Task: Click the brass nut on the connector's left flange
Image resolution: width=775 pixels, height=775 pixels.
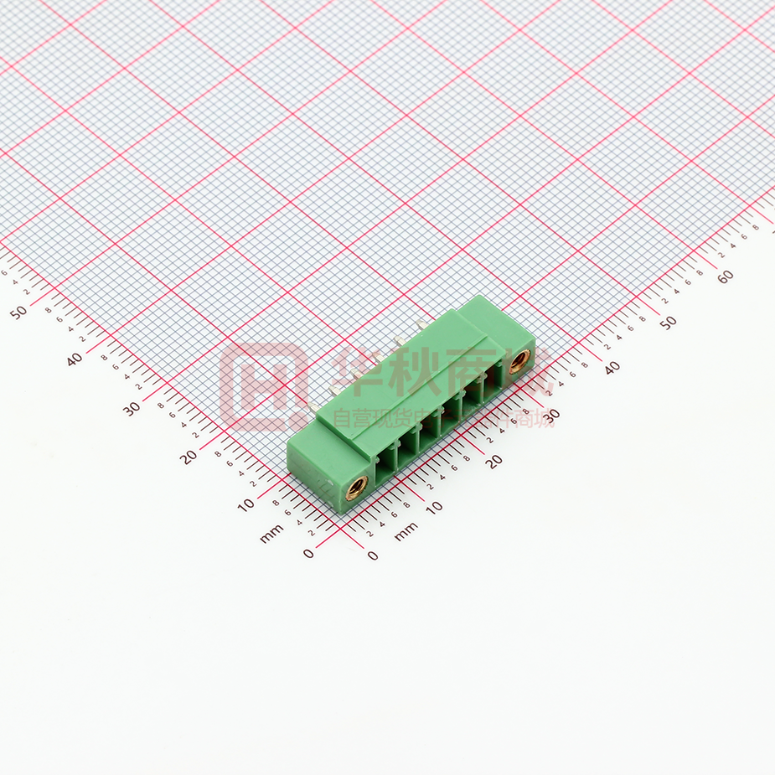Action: click(x=356, y=487)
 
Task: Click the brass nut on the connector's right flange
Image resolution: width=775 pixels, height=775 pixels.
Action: click(x=519, y=362)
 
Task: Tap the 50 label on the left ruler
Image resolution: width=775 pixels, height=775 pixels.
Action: click(x=18, y=311)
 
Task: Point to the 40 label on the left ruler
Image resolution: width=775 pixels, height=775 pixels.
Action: click(x=75, y=359)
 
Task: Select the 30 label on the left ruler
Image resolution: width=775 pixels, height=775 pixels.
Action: click(x=131, y=408)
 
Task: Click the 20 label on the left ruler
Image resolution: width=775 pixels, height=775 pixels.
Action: click(x=188, y=457)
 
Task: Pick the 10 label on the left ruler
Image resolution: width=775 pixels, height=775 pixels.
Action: click(x=245, y=505)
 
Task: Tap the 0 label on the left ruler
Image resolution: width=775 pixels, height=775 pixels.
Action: click(x=308, y=553)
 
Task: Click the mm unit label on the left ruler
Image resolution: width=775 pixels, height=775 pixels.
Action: click(x=271, y=534)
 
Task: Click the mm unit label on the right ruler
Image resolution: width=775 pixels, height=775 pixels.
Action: click(x=406, y=530)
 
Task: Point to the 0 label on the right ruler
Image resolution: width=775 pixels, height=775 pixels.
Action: click(x=373, y=555)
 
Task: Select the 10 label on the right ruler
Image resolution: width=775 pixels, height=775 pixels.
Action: click(x=434, y=507)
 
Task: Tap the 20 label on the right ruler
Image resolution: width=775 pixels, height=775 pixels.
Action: click(x=494, y=460)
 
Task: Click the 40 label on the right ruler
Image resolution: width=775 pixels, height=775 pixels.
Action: click(x=612, y=367)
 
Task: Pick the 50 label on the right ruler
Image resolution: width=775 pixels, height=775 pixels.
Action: click(x=668, y=323)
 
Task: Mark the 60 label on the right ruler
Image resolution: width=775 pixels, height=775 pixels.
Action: click(x=726, y=276)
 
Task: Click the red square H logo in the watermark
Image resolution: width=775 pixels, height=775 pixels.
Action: click(x=263, y=386)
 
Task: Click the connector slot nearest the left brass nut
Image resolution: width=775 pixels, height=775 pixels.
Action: click(x=385, y=462)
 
